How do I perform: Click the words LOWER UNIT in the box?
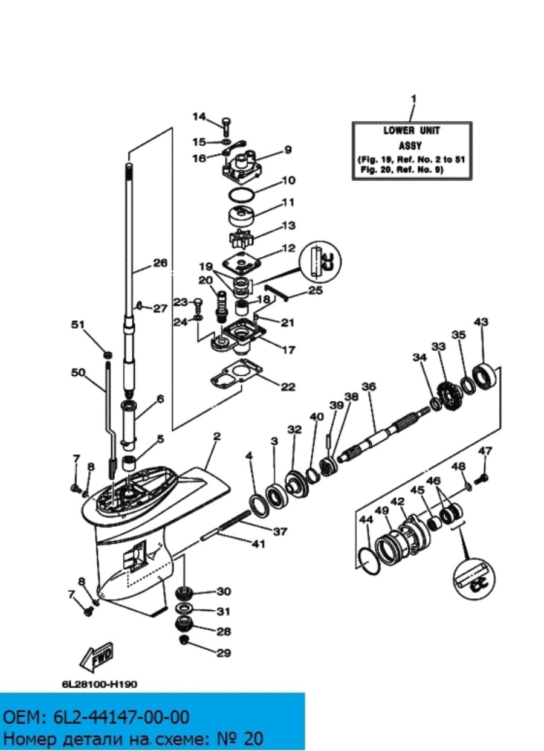click(412, 131)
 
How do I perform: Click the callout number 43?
click(481, 322)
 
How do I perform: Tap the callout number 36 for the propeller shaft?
click(369, 386)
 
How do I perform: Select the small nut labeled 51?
click(108, 355)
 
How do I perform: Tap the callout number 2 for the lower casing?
click(216, 436)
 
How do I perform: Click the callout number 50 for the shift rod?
click(78, 373)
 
